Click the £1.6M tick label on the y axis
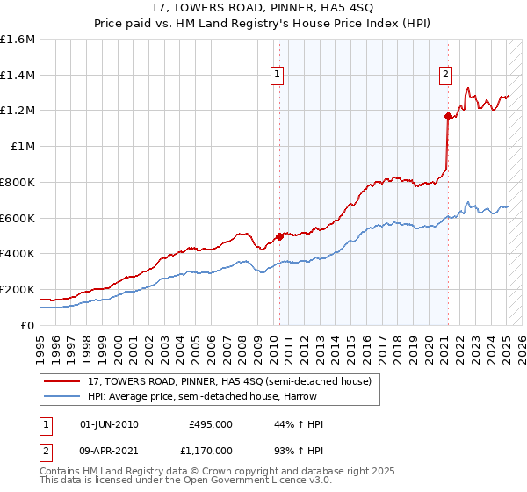pos(18,40)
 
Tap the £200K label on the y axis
pos(18,289)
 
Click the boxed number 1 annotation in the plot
pos(277,76)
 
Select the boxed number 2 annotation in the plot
pos(446,76)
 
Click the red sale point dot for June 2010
pos(280,235)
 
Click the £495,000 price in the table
pos(210,424)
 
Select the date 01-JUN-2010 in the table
pos(109,424)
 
